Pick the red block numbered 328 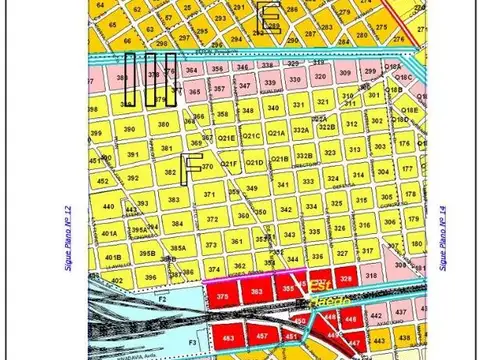346,278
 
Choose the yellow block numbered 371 209,195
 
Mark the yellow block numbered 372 211,219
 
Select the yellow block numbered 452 104,181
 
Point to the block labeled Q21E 226,137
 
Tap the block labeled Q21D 254,163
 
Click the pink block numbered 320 320,74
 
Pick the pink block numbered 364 191,71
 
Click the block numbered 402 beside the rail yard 115,281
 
